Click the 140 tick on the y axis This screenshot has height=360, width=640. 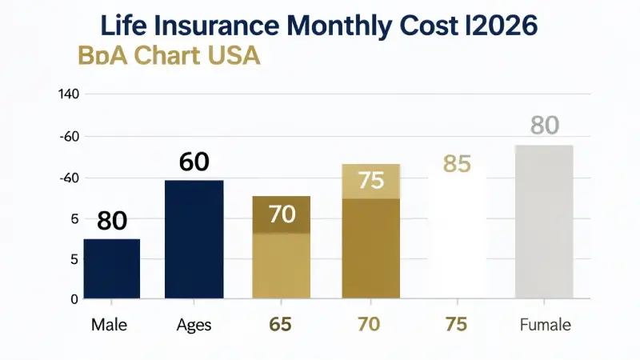pyautogui.click(x=69, y=94)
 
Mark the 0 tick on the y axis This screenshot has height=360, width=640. pyautogui.click(x=74, y=299)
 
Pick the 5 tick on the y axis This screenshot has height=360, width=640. pyautogui.click(x=74, y=259)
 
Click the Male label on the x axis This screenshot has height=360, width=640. pyautogui.click(x=110, y=326)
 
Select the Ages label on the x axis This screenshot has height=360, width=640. pyautogui.click(x=194, y=326)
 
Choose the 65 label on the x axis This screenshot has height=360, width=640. pyautogui.click(x=280, y=326)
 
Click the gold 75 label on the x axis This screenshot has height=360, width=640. pyautogui.click(x=456, y=326)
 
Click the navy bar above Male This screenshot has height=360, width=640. pyautogui.click(x=112, y=269)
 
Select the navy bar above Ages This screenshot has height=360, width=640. pyautogui.click(x=194, y=240)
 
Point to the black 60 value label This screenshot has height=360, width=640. pyautogui.click(x=194, y=162)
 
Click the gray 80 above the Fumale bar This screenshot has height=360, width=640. pyautogui.click(x=544, y=126)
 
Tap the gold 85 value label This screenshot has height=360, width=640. pyautogui.click(x=456, y=165)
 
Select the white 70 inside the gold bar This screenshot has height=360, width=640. pyautogui.click(x=282, y=214)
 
